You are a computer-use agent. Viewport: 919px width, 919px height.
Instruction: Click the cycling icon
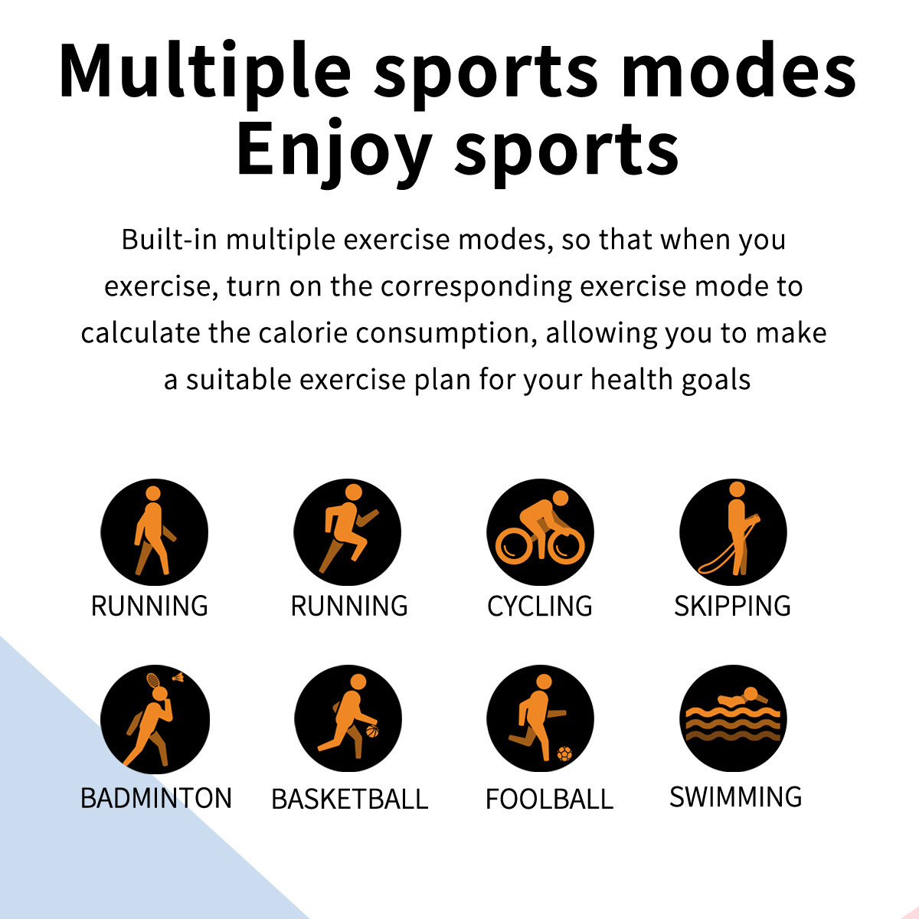540,531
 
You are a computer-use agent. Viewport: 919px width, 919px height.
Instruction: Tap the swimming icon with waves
733,718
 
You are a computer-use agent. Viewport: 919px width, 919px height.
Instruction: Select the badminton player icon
155,718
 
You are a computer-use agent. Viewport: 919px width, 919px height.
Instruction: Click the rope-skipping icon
733,531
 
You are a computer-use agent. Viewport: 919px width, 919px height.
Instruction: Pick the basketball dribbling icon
348,718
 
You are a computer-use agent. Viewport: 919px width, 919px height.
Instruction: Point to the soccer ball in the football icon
564,754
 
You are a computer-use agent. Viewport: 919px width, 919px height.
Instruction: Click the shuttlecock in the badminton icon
178,677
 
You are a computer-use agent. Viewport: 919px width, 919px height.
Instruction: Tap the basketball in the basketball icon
372,731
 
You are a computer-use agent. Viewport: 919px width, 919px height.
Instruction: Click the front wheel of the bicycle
566,547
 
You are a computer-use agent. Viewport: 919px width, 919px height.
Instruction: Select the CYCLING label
539,606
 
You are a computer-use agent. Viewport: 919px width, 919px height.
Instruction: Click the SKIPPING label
732,606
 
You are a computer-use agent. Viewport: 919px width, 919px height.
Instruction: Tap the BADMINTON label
156,798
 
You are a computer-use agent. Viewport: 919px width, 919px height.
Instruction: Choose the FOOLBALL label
549,799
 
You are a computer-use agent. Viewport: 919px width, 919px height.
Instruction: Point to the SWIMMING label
735,796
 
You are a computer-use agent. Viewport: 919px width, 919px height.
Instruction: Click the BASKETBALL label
349,799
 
